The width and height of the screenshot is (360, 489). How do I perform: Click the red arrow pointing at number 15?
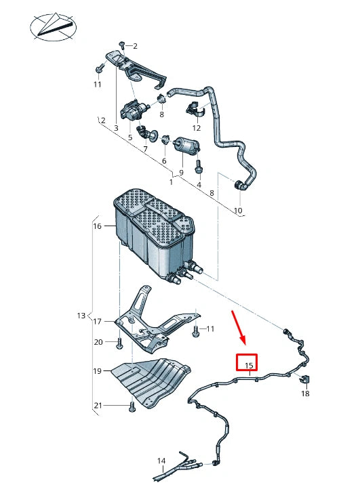click(239, 327)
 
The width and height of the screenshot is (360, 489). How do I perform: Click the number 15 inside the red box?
click(249, 365)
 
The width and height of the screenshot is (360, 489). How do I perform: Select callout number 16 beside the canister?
click(98, 226)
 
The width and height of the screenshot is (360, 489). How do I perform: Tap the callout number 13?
click(81, 316)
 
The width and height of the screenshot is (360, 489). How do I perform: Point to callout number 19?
click(98, 370)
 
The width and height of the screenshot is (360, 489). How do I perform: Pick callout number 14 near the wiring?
click(161, 461)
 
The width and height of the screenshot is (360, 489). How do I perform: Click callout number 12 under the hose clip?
click(197, 128)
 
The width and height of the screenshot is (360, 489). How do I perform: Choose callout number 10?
click(238, 211)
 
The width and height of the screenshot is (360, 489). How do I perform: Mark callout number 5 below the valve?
click(130, 137)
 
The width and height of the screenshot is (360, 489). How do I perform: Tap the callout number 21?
click(98, 406)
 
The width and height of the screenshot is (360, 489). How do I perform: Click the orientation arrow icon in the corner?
click(53, 27)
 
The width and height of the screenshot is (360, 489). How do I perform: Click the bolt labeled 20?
click(119, 343)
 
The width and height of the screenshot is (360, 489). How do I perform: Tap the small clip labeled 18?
click(304, 379)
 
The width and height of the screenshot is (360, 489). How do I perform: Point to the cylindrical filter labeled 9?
click(186, 146)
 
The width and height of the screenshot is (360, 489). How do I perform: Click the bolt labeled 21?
click(132, 406)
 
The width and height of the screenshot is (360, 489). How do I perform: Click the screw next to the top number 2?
click(123, 45)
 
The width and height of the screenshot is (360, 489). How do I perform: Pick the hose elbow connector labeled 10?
click(240, 185)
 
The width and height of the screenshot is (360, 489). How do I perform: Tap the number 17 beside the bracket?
click(98, 321)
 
